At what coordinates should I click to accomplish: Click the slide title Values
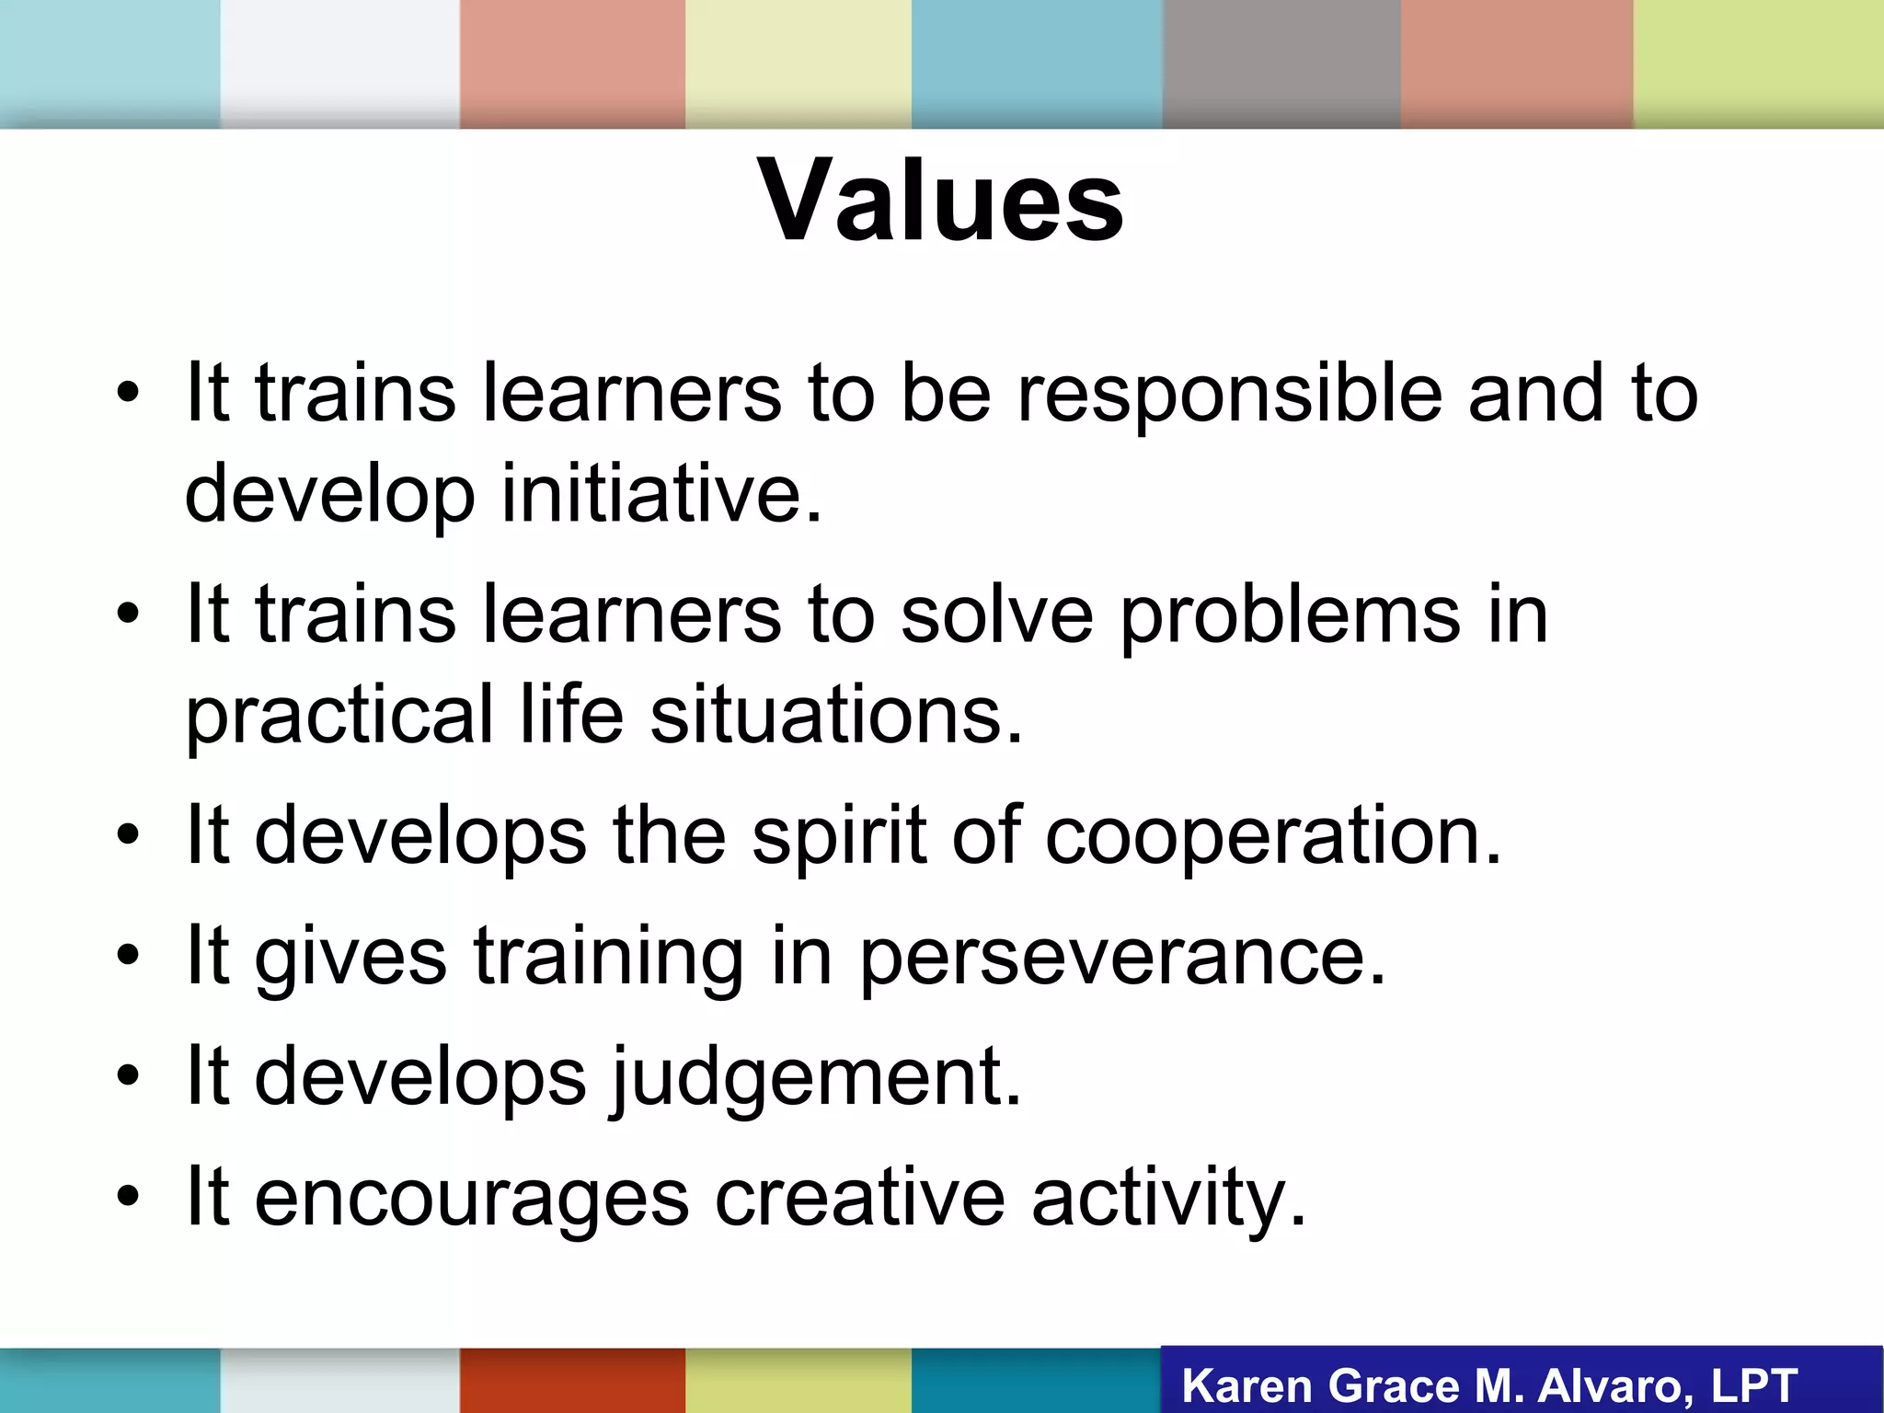click(940, 201)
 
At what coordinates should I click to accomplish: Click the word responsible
click(1230, 394)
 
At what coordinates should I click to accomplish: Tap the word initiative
click(661, 494)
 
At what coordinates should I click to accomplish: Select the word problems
click(1290, 615)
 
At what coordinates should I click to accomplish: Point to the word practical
click(339, 715)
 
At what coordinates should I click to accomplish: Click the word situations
click(835, 715)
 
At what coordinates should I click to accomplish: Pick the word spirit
click(839, 835)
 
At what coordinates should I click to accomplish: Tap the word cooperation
click(1273, 835)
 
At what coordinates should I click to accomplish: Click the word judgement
click(815, 1077)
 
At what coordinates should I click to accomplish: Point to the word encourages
click(471, 1198)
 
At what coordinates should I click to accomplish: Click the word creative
click(860, 1198)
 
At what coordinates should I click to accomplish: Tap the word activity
click(1168, 1198)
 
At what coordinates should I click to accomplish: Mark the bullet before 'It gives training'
click(128, 956)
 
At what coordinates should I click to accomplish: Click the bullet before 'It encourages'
click(128, 1197)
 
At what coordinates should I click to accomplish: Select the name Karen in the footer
click(1246, 1386)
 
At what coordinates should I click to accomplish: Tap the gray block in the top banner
click(1281, 63)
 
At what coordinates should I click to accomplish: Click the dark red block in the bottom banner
click(572, 1380)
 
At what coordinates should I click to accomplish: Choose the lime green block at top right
click(1758, 63)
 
